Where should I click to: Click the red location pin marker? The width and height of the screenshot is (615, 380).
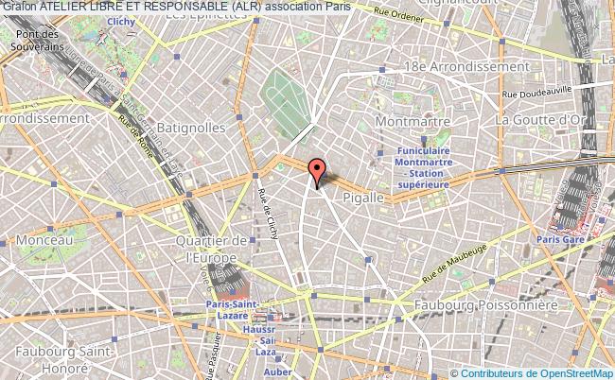[317, 172]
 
